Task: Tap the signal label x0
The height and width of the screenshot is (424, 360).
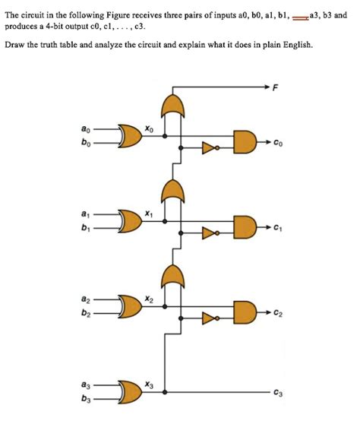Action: point(149,130)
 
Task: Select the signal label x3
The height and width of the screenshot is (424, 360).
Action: point(149,386)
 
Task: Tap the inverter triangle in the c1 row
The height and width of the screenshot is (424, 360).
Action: point(208,235)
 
